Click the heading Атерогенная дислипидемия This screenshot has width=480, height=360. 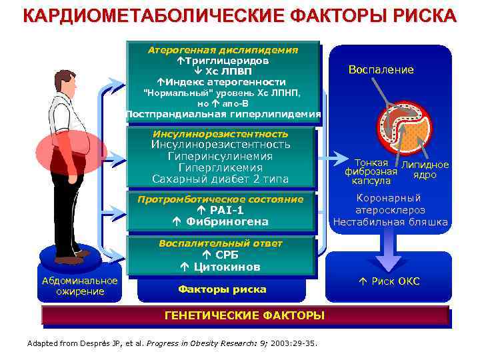[223, 50]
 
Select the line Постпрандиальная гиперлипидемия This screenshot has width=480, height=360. [223, 114]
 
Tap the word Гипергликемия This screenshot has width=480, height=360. [221, 168]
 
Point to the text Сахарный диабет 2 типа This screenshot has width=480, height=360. [221, 179]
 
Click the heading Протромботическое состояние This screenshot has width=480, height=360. [220, 199]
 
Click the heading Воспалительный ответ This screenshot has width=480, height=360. [220, 243]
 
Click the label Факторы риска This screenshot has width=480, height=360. [221, 289]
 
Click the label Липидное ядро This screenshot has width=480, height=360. [425, 170]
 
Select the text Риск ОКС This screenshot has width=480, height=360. [396, 281]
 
